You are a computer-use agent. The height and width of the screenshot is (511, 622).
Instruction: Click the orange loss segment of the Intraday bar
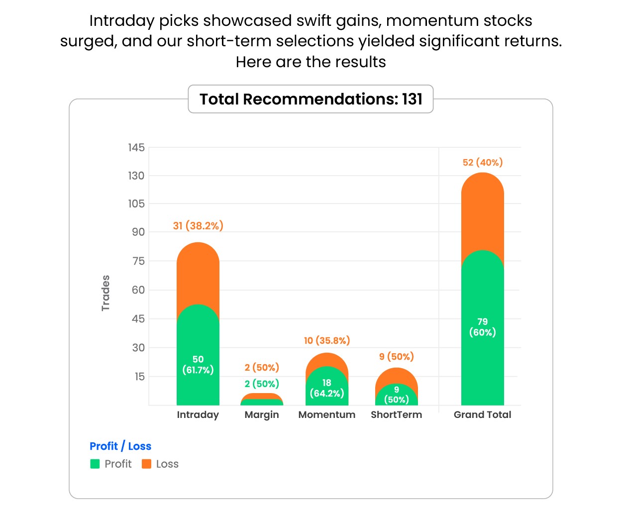(x=198, y=274)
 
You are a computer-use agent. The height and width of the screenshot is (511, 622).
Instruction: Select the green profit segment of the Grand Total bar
(x=482, y=358)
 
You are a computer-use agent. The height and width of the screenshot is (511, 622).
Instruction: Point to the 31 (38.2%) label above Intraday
(x=198, y=226)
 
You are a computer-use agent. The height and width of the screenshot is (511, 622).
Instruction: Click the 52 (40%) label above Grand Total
(x=483, y=163)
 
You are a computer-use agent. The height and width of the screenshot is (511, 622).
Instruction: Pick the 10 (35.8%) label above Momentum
(x=327, y=341)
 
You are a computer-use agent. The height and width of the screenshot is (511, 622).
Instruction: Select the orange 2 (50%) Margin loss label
(x=262, y=368)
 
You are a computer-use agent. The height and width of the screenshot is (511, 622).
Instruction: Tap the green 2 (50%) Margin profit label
(x=262, y=384)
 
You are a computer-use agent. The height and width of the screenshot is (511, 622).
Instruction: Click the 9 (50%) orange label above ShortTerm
(x=396, y=357)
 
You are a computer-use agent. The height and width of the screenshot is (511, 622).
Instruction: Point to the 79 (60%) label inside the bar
(x=482, y=327)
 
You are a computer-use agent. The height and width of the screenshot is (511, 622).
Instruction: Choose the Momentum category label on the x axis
(x=327, y=415)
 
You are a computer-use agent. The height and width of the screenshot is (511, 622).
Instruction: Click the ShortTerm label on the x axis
(x=396, y=415)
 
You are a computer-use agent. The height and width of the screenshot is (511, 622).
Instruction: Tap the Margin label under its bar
(x=262, y=415)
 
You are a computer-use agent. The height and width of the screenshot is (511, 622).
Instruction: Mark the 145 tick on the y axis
(x=136, y=148)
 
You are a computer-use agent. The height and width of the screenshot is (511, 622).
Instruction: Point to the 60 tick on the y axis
(x=138, y=290)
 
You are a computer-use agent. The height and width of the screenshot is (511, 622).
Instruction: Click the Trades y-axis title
(x=105, y=293)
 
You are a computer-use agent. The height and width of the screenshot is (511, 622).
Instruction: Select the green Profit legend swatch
(x=95, y=464)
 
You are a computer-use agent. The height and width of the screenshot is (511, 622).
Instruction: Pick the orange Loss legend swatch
(x=146, y=464)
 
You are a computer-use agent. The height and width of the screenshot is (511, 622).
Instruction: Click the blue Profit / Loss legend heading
(x=120, y=446)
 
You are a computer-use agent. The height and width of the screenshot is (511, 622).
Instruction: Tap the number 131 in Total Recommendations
(x=412, y=100)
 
